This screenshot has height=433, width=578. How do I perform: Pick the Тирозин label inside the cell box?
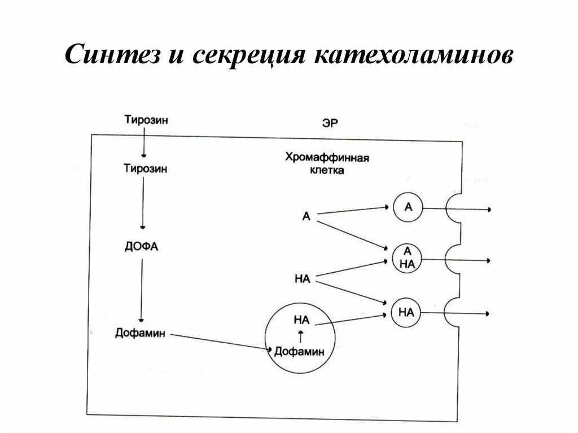[145, 168]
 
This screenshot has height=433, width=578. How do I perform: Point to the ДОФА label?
[142, 246]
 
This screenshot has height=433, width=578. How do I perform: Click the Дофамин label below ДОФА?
[140, 333]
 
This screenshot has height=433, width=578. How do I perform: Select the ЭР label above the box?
[330, 123]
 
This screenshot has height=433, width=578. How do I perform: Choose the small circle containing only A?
[408, 208]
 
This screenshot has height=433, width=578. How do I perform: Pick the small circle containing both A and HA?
[408, 259]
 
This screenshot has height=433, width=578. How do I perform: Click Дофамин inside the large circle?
[300, 352]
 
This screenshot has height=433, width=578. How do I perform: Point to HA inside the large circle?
[302, 320]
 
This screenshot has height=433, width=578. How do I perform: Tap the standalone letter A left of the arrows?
[306, 216]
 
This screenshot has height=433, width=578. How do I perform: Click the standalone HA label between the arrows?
[303, 278]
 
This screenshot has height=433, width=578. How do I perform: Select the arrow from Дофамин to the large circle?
[220, 342]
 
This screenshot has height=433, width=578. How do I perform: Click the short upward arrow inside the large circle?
[301, 335]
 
